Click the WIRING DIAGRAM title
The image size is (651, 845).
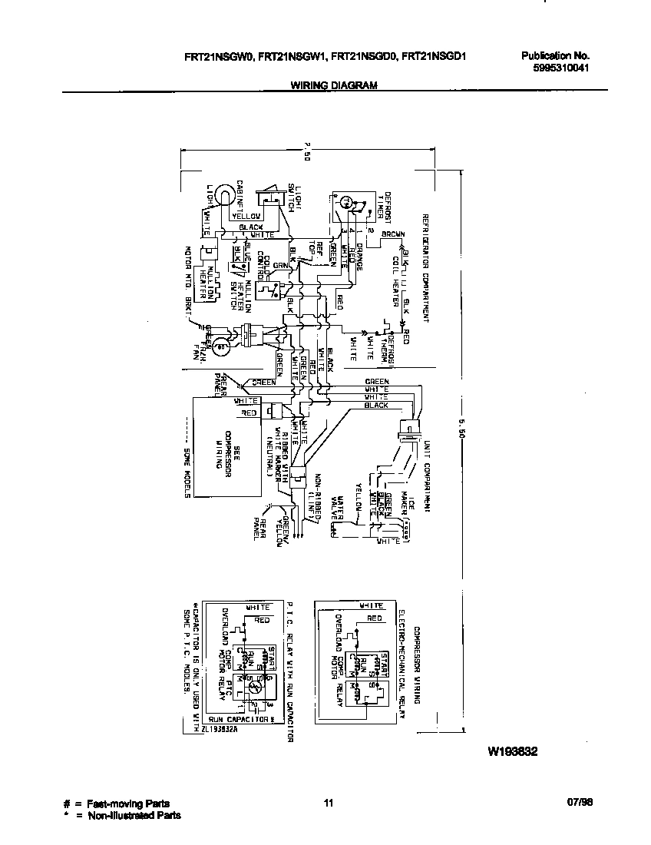point(333,86)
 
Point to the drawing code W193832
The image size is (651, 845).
point(511,752)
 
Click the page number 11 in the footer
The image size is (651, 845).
point(328,804)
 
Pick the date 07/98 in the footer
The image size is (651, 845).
point(580,803)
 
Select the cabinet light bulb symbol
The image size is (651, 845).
point(222,195)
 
